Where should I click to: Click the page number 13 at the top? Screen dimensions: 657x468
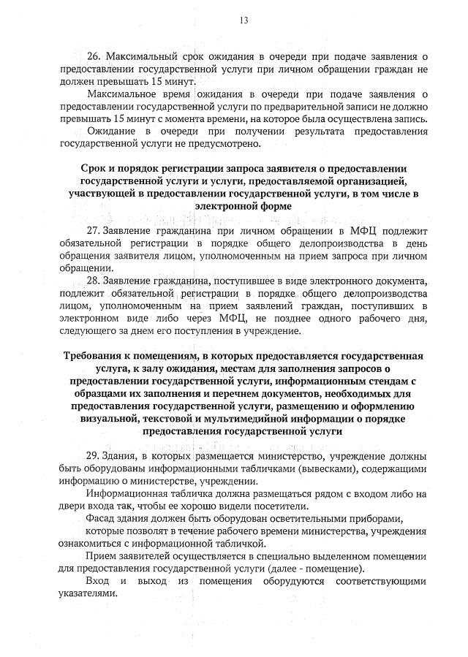pyautogui.click(x=244, y=20)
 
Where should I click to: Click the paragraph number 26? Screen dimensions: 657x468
pyautogui.click(x=93, y=56)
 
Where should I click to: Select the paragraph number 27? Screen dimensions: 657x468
pyautogui.click(x=93, y=231)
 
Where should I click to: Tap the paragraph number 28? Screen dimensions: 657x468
pyautogui.click(x=93, y=280)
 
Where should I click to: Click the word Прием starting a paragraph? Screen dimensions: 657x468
pyautogui.click(x=101, y=556)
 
